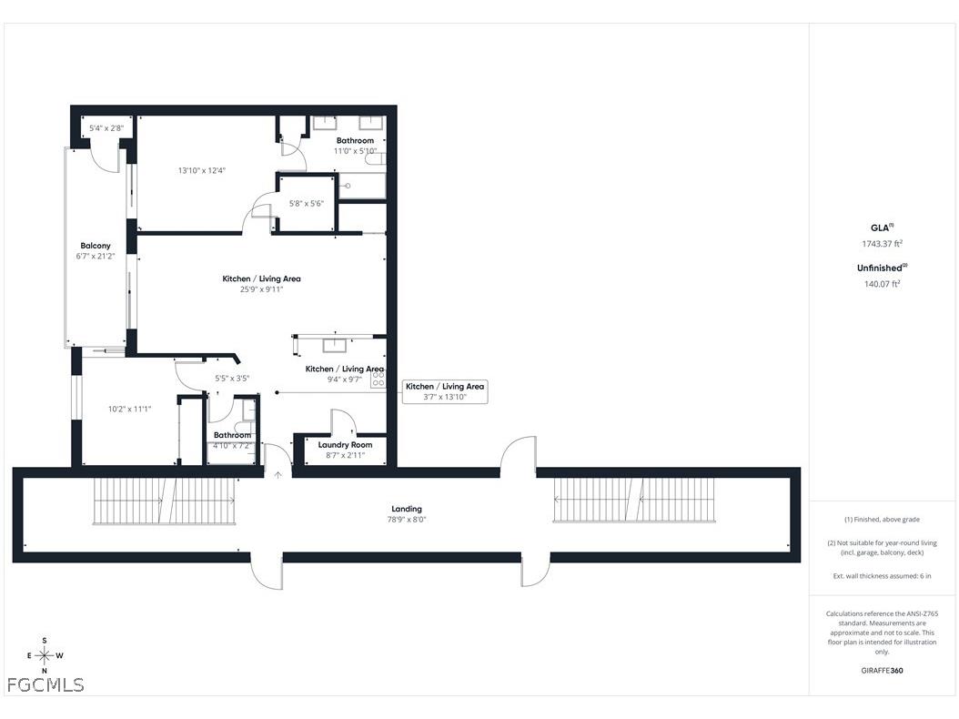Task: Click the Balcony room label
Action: (x=96, y=246)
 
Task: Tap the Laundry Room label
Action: (x=345, y=444)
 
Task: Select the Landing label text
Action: (x=407, y=509)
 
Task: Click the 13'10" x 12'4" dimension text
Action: (x=201, y=170)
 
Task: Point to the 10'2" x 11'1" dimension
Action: (x=129, y=409)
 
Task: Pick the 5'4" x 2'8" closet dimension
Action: (x=106, y=128)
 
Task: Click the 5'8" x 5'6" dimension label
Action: (x=307, y=203)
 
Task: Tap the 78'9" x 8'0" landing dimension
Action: (x=407, y=520)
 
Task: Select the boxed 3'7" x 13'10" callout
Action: (x=445, y=392)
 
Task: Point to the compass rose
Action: (x=45, y=655)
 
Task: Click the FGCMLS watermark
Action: (x=45, y=684)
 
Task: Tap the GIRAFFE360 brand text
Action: (x=883, y=671)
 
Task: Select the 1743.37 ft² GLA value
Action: (x=882, y=243)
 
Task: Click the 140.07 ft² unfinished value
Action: (x=882, y=284)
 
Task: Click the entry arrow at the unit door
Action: (x=278, y=472)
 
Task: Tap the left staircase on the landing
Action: (x=164, y=501)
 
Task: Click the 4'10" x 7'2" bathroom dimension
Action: (x=231, y=446)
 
